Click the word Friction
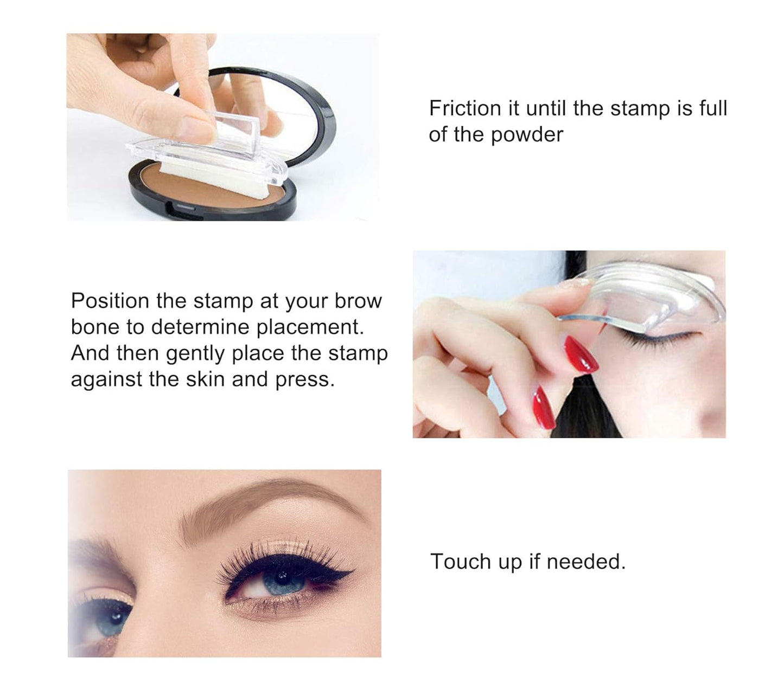coord(464,108)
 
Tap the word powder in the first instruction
coord(527,134)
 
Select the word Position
coord(110,301)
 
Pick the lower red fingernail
coord(543,407)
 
